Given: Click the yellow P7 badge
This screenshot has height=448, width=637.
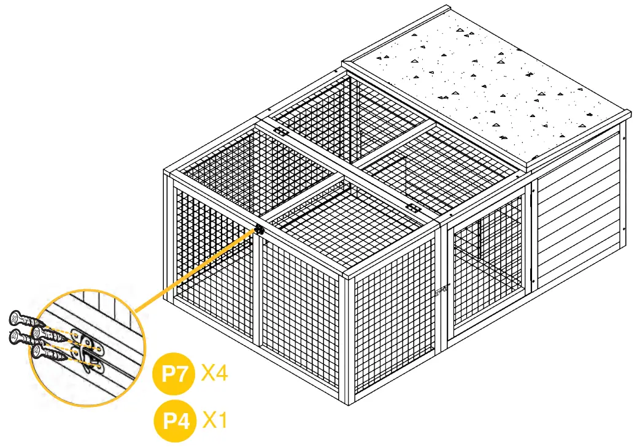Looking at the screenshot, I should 174,374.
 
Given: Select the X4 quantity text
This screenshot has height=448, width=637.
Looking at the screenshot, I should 214,373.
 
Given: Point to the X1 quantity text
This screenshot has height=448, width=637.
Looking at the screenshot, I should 214,420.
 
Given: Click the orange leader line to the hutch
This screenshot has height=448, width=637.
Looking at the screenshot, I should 196,270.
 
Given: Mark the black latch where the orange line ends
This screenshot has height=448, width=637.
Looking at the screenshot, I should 260,230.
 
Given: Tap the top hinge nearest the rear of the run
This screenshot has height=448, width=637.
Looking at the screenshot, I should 280,131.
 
